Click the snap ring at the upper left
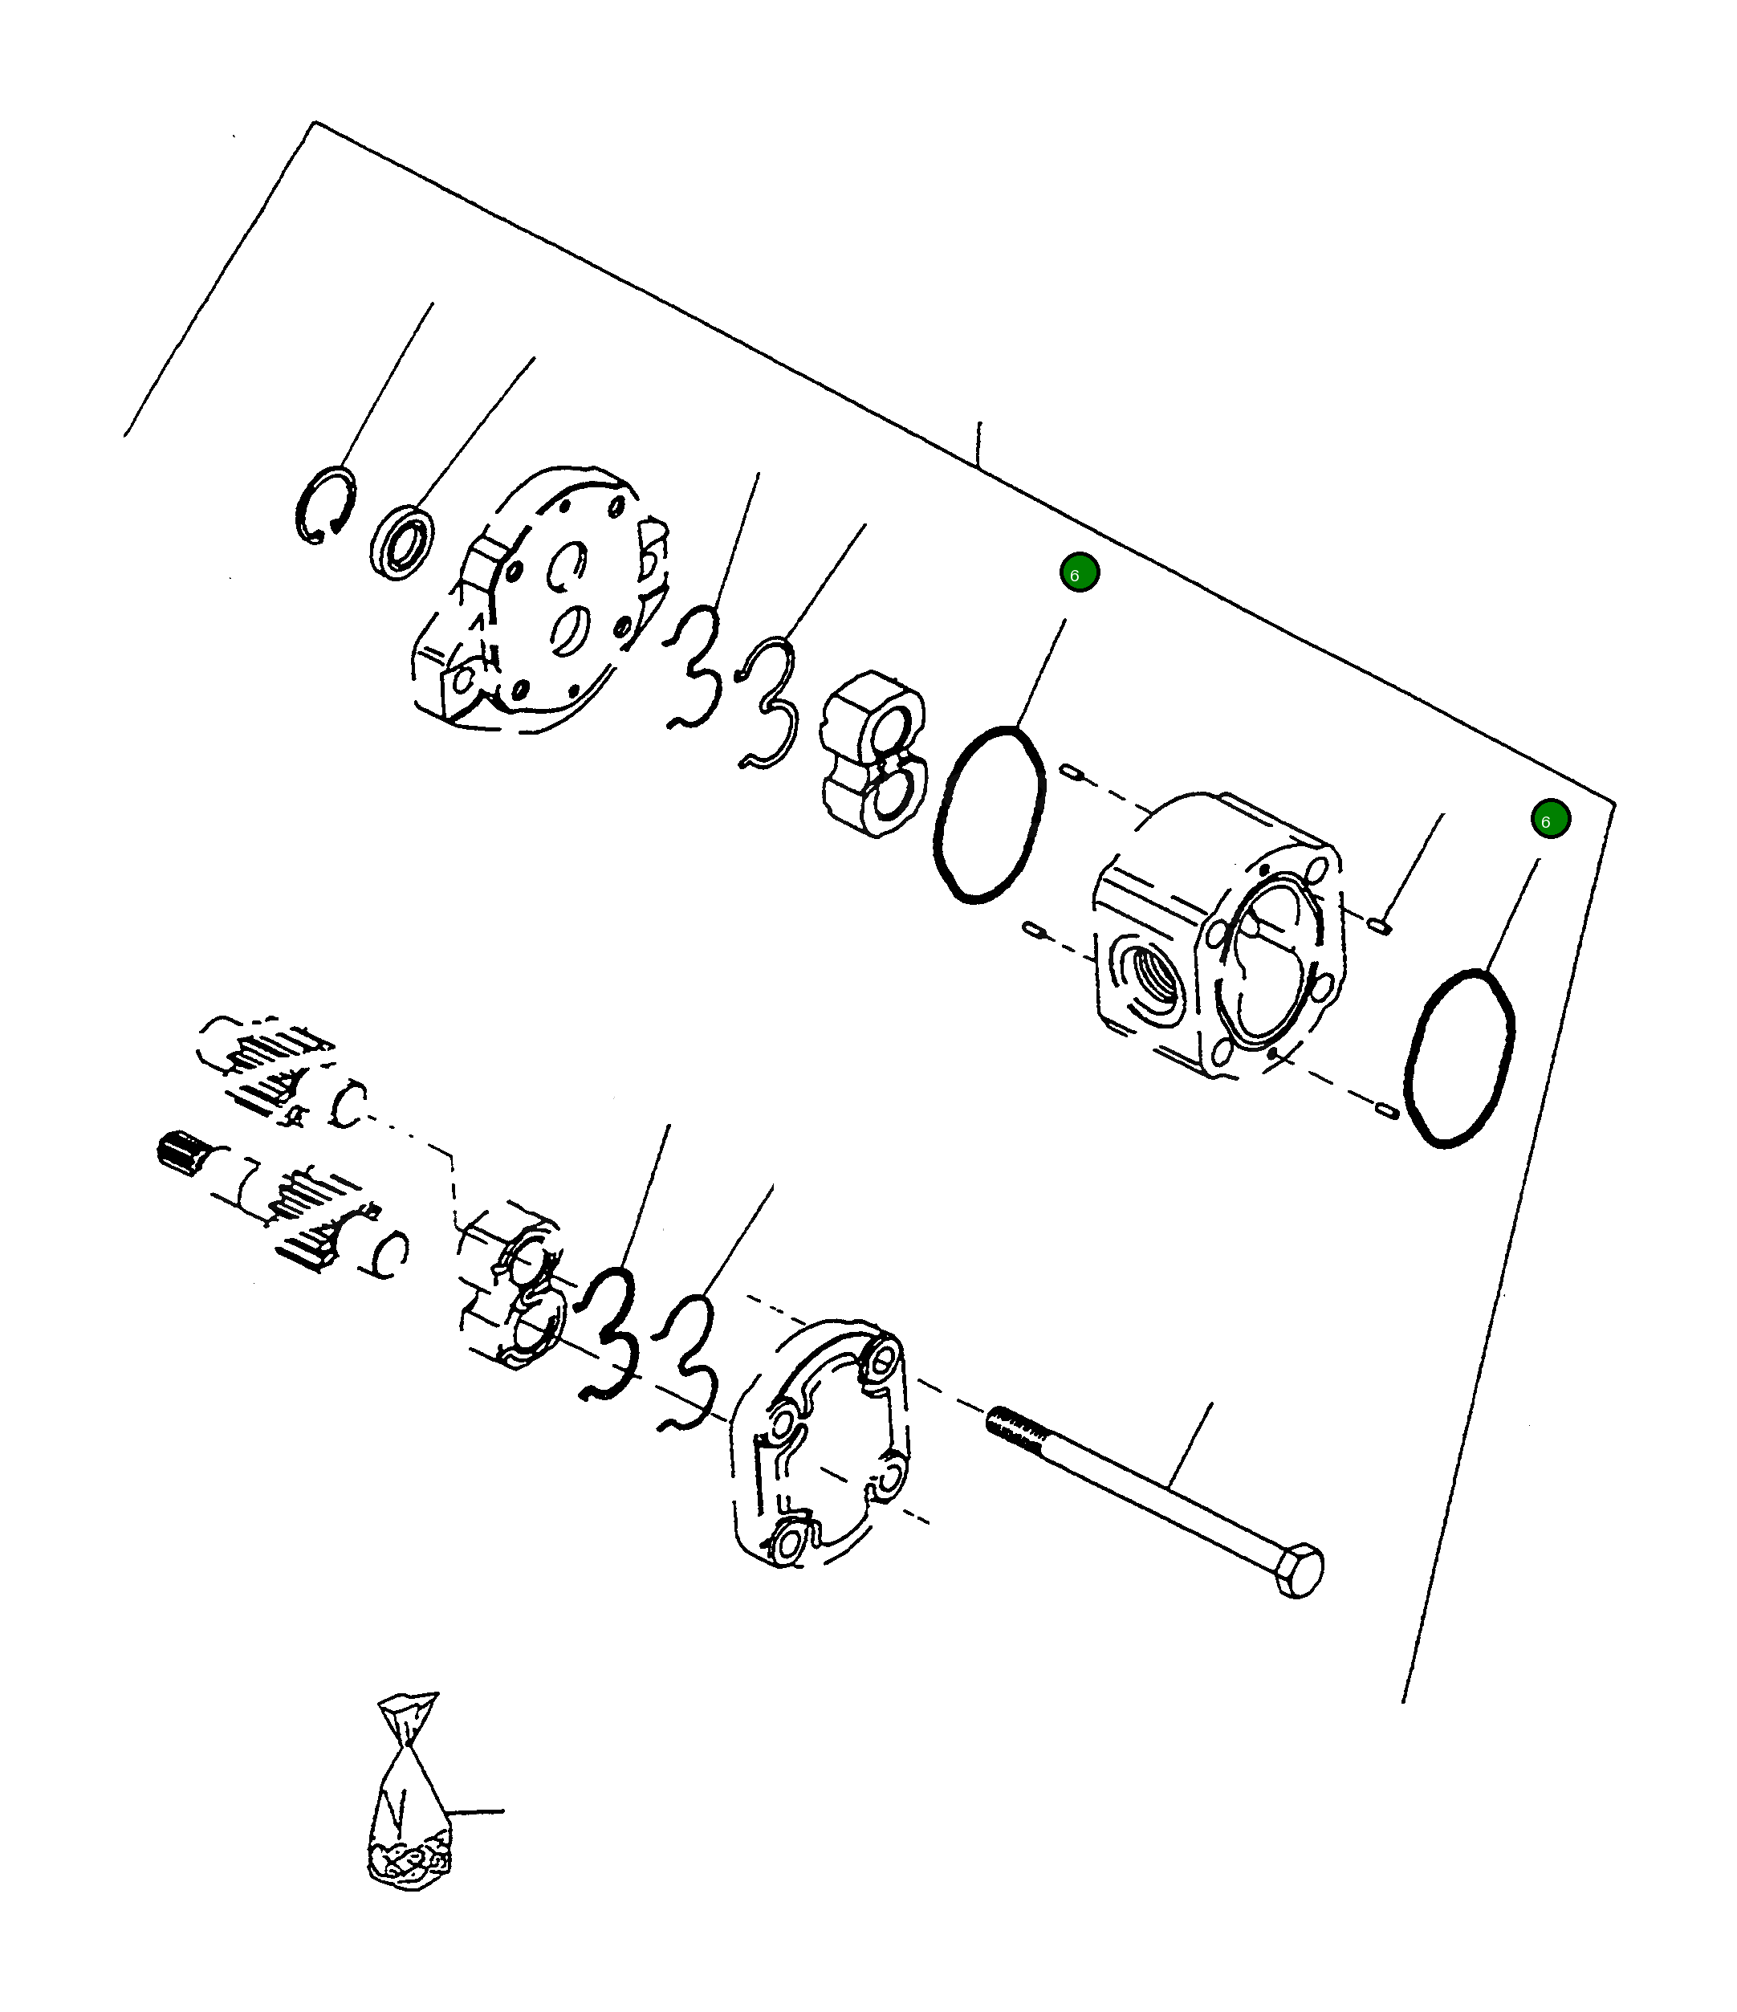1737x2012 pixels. (x=324, y=505)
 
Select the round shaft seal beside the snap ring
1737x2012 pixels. (x=402, y=542)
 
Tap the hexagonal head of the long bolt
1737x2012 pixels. (x=1299, y=1570)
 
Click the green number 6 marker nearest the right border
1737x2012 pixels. (x=1550, y=819)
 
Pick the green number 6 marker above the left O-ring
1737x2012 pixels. (x=1079, y=573)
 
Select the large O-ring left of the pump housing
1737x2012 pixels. (x=990, y=814)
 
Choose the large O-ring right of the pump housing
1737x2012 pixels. (x=1458, y=1058)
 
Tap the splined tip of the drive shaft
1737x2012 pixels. (x=177, y=1153)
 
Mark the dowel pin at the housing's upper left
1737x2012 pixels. (x=1071, y=772)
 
